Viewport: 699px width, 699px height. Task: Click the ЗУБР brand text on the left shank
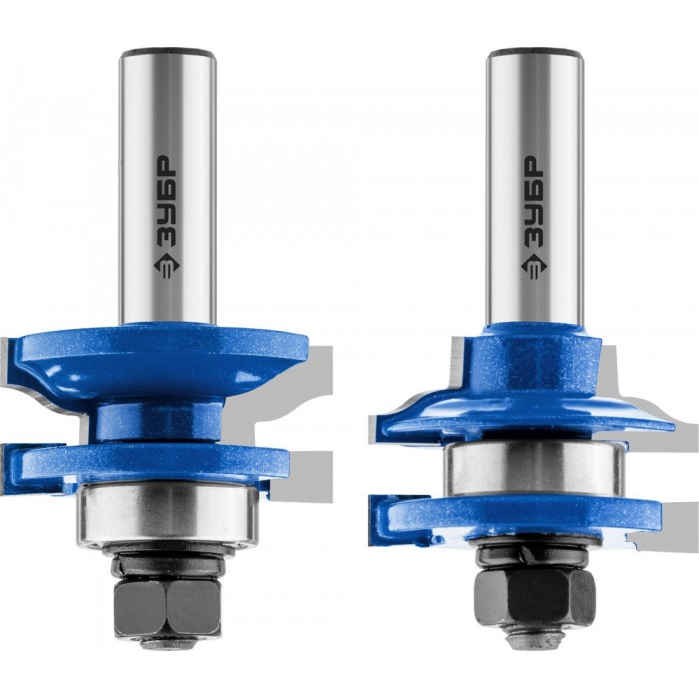[x=167, y=202]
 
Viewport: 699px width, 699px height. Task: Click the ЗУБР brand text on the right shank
[x=534, y=202]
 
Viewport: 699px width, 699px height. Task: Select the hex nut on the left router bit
[x=167, y=607]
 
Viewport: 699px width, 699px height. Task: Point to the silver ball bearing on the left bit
[x=167, y=515]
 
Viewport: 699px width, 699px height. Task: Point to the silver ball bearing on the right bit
[x=535, y=469]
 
